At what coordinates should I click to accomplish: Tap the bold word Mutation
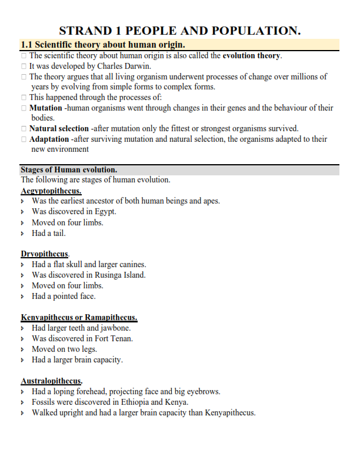[45, 108]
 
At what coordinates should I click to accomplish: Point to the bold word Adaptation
[49, 139]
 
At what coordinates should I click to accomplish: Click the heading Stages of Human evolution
[69, 170]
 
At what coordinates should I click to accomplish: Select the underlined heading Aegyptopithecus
[51, 191]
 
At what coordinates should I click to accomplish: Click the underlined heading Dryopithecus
[45, 254]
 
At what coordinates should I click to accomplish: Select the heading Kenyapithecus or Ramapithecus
[79, 318]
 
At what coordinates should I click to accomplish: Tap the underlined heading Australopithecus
[51, 381]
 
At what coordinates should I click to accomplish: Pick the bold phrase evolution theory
[252, 56]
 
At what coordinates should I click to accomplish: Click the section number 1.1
[26, 45]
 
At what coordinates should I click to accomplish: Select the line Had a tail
[49, 233]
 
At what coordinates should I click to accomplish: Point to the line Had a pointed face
[64, 296]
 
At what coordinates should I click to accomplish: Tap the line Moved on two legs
[64, 349]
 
